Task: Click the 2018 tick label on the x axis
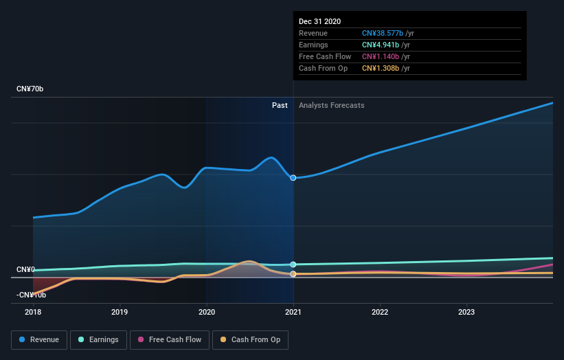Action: point(33,311)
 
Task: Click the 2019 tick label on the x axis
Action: point(120,311)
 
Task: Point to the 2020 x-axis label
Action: point(206,311)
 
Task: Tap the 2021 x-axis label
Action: point(293,311)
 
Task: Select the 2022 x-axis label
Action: point(380,311)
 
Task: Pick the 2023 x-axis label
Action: point(466,311)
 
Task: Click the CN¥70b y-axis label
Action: point(30,89)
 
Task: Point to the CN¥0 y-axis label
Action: point(26,269)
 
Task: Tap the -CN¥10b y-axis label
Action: point(32,295)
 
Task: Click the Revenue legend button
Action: point(39,339)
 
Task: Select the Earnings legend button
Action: point(98,339)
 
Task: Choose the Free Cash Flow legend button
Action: point(169,339)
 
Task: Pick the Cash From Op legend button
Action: point(251,339)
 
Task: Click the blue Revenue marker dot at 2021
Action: point(293,178)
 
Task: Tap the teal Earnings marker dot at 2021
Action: point(293,265)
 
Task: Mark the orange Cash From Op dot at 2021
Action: point(293,274)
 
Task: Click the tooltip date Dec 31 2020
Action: point(319,22)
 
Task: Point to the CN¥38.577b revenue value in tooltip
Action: point(383,34)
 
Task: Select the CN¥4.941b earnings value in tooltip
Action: point(381,45)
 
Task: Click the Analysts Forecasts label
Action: point(331,105)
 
